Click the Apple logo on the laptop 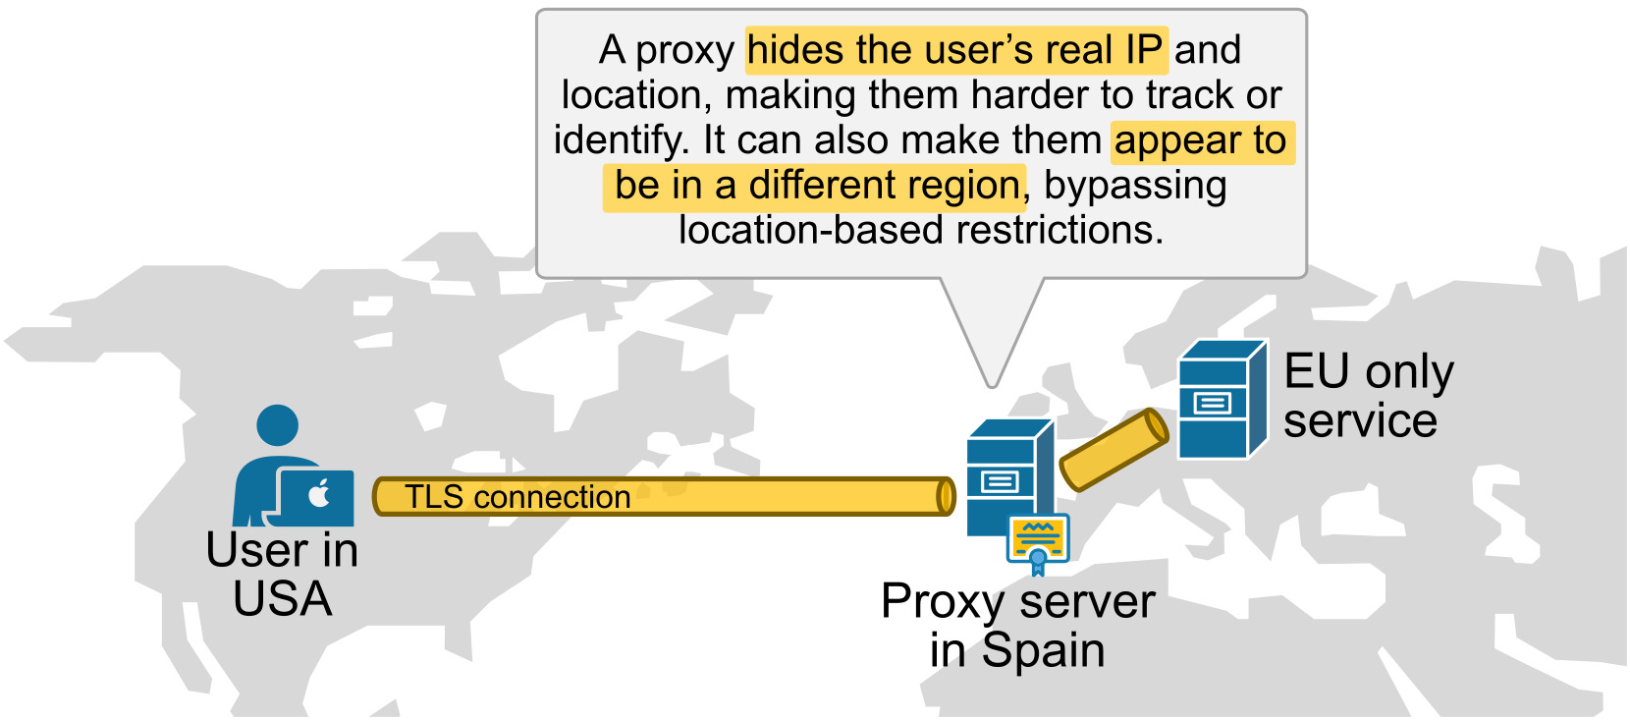pyautogui.click(x=319, y=495)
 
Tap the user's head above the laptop pyautogui.click(x=277, y=425)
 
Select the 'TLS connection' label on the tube pyautogui.click(x=517, y=497)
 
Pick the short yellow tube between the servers pyautogui.click(x=1114, y=450)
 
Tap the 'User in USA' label pyautogui.click(x=283, y=575)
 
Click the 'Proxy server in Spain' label pyautogui.click(x=1017, y=626)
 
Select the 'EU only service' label pyautogui.click(x=1367, y=396)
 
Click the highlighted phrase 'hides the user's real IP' pyautogui.click(x=955, y=50)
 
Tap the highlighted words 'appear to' pyautogui.click(x=1201, y=140)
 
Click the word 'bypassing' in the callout pyautogui.click(x=1135, y=186)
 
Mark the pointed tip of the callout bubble pyautogui.click(x=993, y=384)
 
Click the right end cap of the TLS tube pyautogui.click(x=946, y=497)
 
